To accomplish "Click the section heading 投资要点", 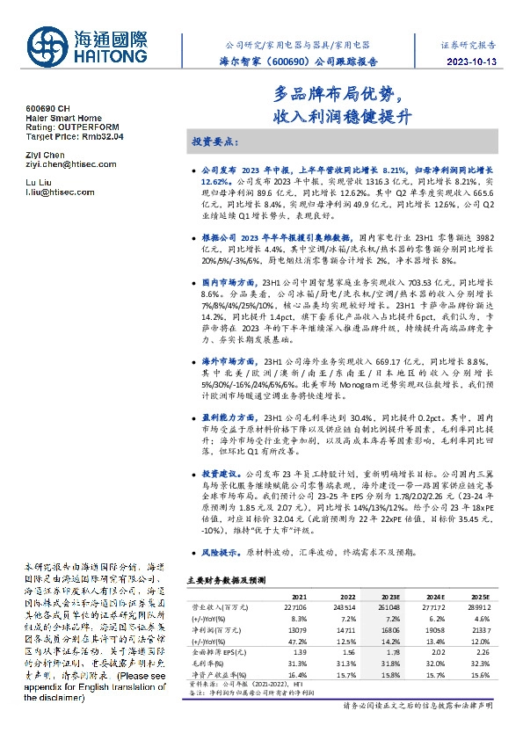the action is coord(215,141).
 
